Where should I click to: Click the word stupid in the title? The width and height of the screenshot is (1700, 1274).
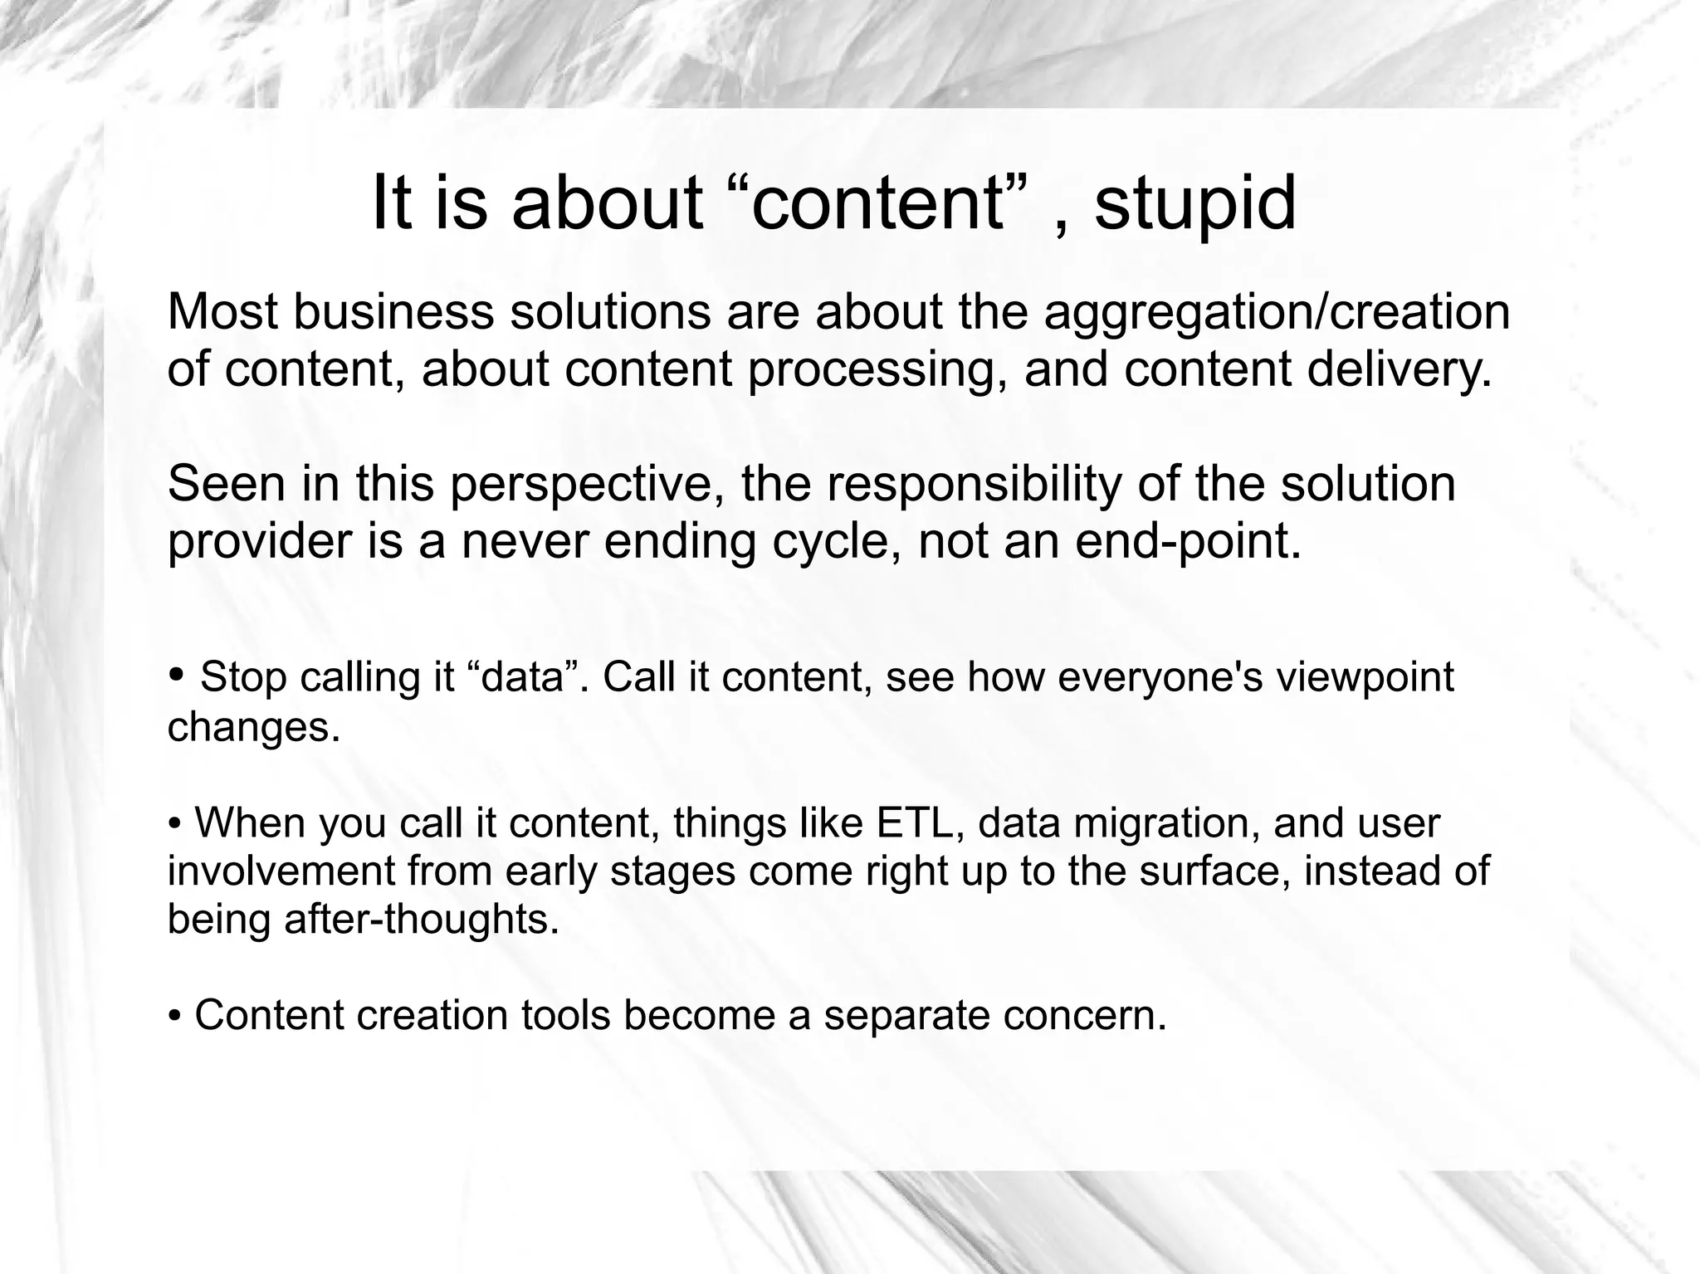point(1194,204)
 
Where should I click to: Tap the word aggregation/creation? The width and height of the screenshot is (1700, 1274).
point(1276,313)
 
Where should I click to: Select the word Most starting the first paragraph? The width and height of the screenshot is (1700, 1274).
point(221,313)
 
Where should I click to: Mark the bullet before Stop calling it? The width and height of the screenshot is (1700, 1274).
point(177,675)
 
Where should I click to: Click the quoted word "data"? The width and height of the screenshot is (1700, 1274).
point(528,677)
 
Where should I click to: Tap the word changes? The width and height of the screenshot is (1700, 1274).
point(254,727)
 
